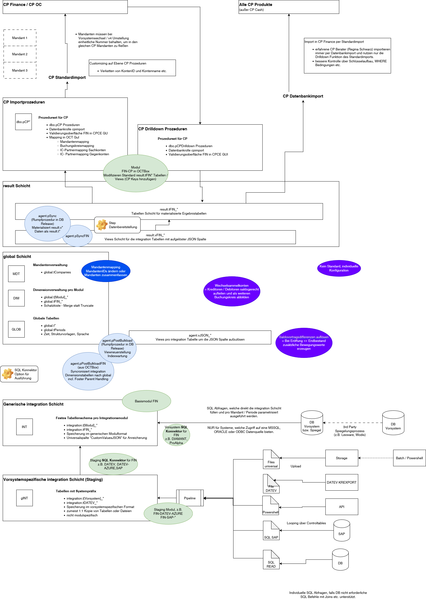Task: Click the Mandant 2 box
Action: pyautogui.click(x=20, y=54)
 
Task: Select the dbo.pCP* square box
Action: pyautogui.click(x=23, y=122)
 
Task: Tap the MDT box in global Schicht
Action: pyautogui.click(x=16, y=274)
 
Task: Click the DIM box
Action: pyautogui.click(x=16, y=298)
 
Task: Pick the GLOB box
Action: pyautogui.click(x=16, y=329)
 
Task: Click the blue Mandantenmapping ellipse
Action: pyautogui.click(x=106, y=271)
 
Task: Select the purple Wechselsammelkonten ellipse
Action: pyautogui.click(x=232, y=291)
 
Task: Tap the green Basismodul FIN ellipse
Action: pyautogui.click(x=146, y=401)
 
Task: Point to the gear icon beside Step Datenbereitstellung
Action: pyautogui.click(x=102, y=225)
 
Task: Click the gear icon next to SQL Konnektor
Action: pyautogui.click(x=8, y=374)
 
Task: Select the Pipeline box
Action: pyautogui.click(x=190, y=498)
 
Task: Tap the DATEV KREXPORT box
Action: pyautogui.click(x=342, y=482)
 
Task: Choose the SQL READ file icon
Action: pyautogui.click(x=271, y=559)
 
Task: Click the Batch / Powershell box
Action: pyautogui.click(x=409, y=458)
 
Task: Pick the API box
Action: pyautogui.click(x=342, y=507)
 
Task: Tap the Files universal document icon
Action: pyautogui.click(x=271, y=459)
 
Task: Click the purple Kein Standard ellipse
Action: pyautogui.click(x=339, y=268)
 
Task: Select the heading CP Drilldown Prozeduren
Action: pyautogui.click(x=163, y=129)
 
